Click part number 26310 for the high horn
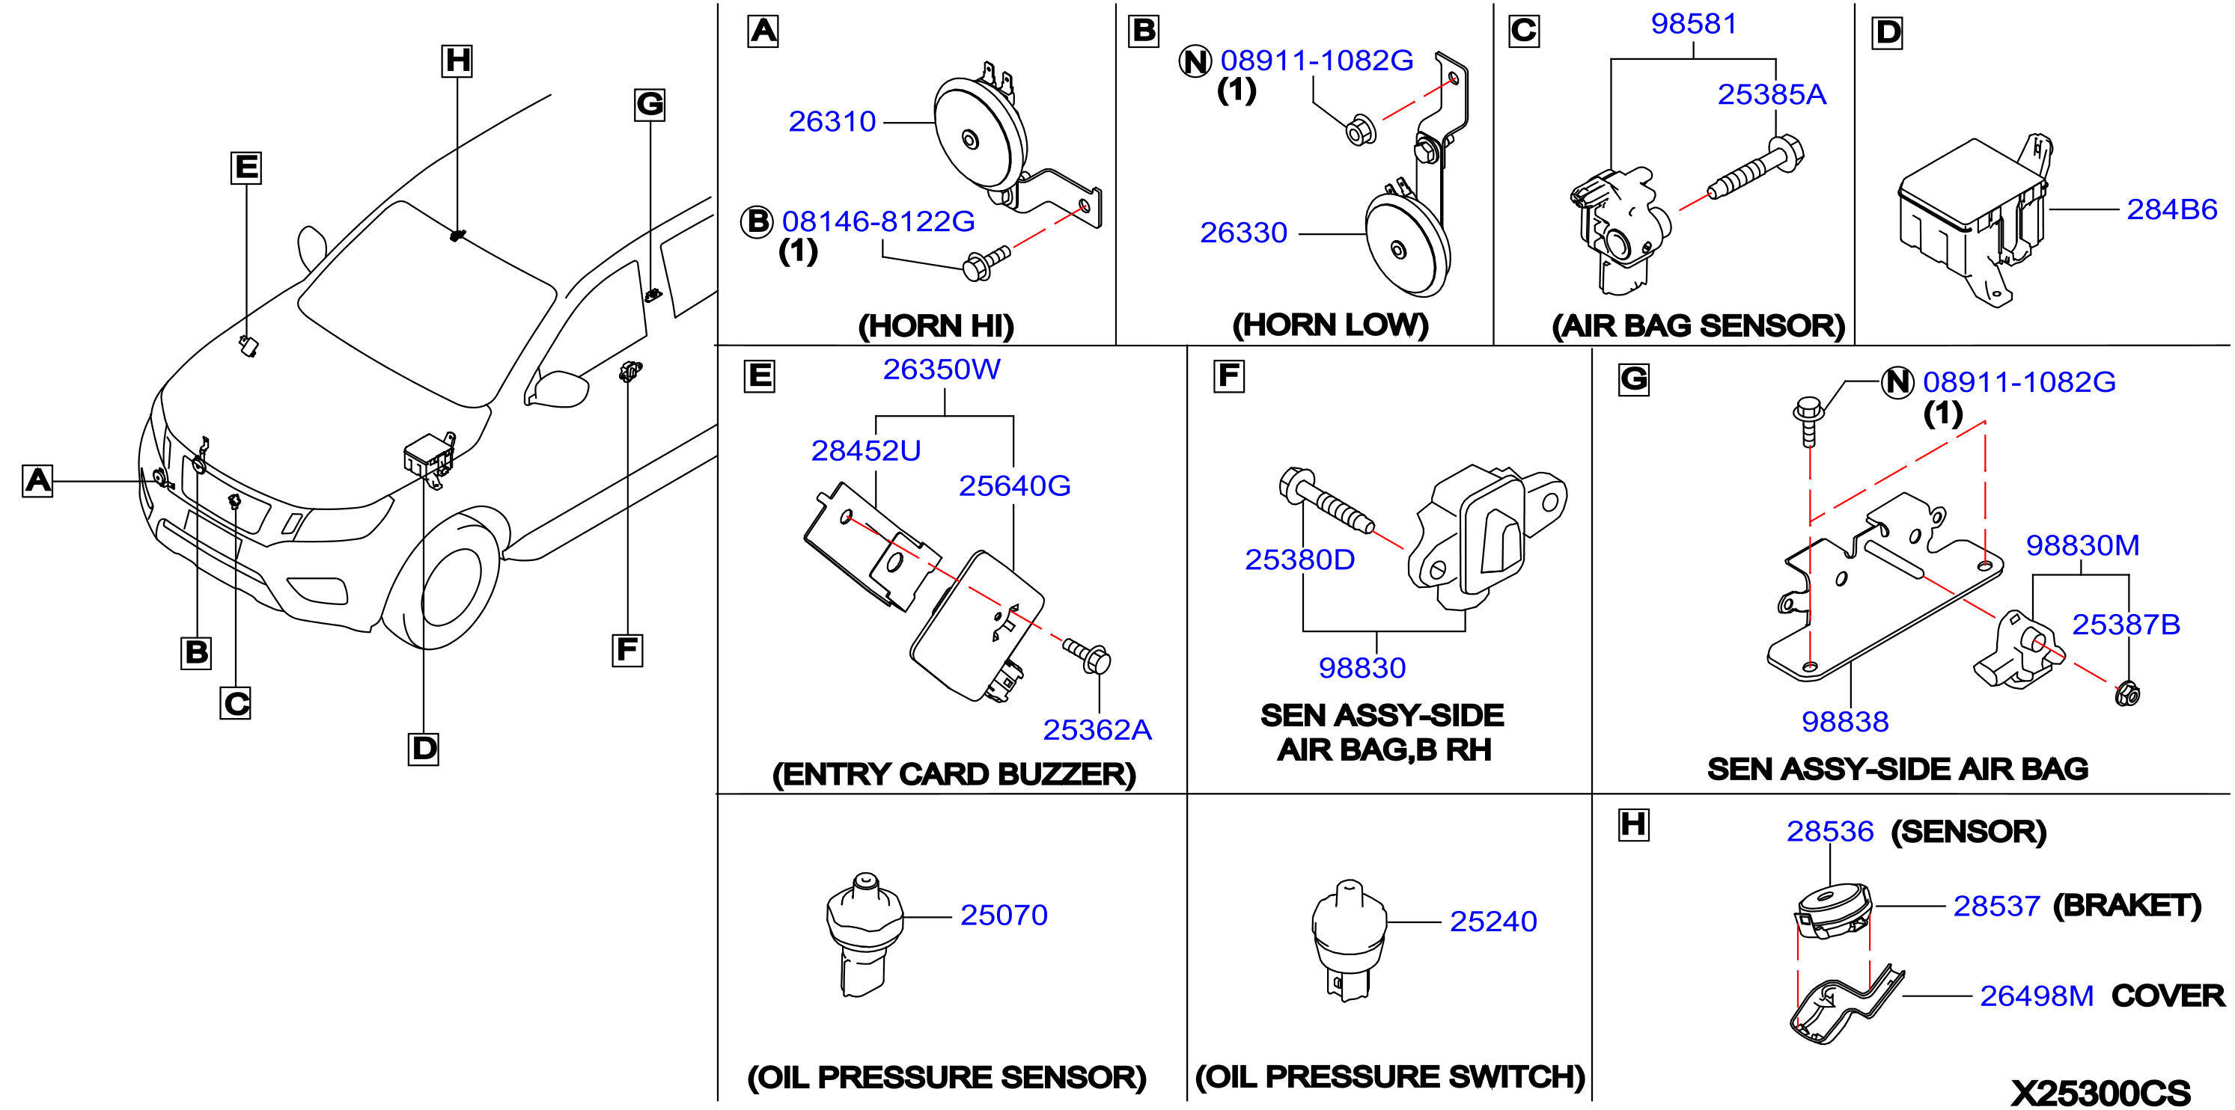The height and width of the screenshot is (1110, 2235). [832, 121]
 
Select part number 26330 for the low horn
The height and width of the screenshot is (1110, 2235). [1243, 233]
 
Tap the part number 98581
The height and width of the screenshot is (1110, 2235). [1694, 23]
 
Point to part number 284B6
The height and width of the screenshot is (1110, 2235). [2171, 209]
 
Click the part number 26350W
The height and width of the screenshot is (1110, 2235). [942, 370]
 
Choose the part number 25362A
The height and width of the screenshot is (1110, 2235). [1097, 730]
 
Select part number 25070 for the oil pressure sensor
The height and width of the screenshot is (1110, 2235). [1004, 915]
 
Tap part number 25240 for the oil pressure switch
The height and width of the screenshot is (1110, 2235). [1493, 921]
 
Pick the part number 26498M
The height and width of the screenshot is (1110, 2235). [2037, 996]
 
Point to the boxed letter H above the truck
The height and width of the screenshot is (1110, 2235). [457, 61]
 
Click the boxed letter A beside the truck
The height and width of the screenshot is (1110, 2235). [37, 480]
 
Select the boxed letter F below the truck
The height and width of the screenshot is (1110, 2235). [627, 649]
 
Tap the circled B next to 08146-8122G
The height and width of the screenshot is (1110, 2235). [757, 222]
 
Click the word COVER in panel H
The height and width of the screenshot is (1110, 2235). [2168, 996]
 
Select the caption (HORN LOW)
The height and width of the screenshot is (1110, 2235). [1330, 325]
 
